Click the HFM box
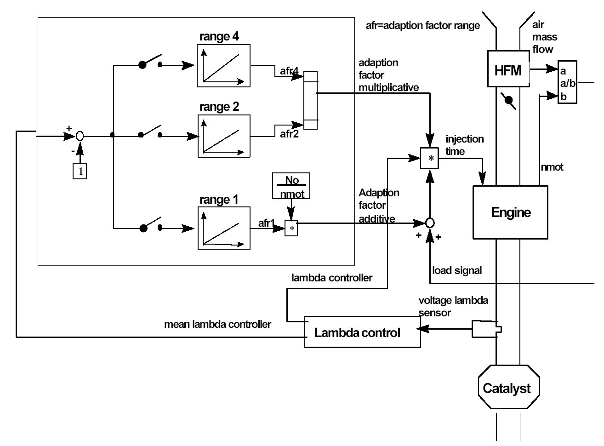tap(508, 70)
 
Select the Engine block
tap(510, 212)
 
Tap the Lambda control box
tap(363, 332)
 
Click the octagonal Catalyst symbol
tap(508, 387)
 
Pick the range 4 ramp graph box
tap(224, 66)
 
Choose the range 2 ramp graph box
tap(224, 136)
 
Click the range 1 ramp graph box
tap(224, 229)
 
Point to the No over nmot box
tap(291, 186)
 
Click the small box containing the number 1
tap(80, 171)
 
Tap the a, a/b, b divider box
tap(567, 83)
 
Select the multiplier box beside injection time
tap(430, 158)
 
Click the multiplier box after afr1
tap(291, 229)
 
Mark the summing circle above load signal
tap(430, 223)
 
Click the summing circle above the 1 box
tap(80, 136)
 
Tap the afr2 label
tap(289, 134)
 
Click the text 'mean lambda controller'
tap(217, 325)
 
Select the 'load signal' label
tap(457, 270)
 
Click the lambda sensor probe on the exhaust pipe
tap(486, 329)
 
